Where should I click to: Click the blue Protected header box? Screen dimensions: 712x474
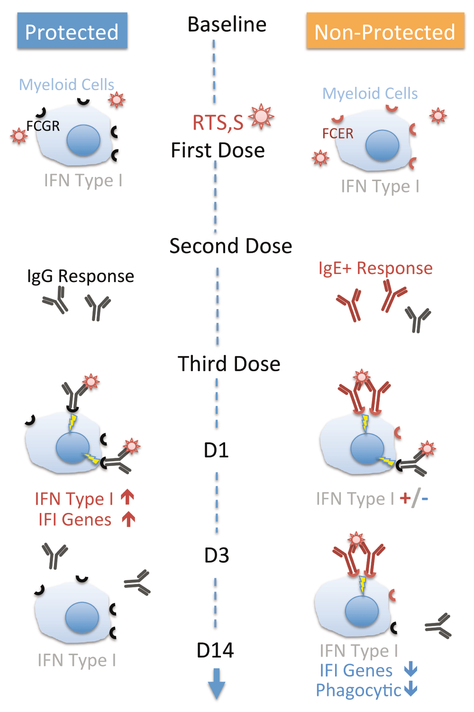point(72,31)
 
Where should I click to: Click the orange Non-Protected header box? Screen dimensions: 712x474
point(384,31)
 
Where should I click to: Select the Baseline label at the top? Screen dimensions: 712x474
point(227,25)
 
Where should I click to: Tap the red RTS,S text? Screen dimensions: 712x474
point(218,123)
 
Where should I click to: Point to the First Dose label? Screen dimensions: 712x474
point(218,151)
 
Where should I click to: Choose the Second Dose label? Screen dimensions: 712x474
point(231,246)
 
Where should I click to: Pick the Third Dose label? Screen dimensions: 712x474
point(229,364)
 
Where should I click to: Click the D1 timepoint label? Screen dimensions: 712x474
point(216,450)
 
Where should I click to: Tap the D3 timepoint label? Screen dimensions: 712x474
point(217,556)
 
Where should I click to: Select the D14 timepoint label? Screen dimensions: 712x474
point(215,650)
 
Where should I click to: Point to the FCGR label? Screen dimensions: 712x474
point(43,126)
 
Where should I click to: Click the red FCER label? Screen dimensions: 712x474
point(338,134)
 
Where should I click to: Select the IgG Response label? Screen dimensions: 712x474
point(81,276)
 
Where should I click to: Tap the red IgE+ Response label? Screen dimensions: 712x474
point(375,268)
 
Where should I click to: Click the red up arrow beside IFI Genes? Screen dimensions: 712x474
point(128,520)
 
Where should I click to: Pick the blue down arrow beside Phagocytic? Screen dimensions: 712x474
point(410,689)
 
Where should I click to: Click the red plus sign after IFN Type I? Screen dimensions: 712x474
point(406,498)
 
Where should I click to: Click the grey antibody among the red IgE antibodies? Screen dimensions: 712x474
point(418,319)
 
